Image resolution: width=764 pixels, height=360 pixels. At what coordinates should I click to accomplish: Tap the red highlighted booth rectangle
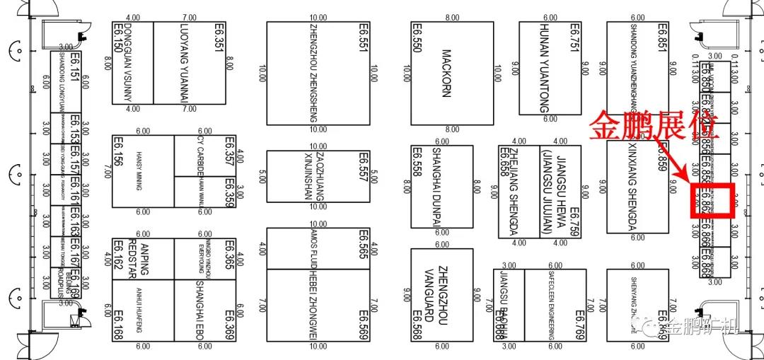click(715, 200)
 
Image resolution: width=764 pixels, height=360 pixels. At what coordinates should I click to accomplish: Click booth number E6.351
click(219, 37)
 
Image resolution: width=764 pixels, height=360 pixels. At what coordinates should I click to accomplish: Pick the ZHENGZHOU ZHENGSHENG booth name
click(314, 73)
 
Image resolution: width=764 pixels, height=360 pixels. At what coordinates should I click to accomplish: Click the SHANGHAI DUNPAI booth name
click(437, 186)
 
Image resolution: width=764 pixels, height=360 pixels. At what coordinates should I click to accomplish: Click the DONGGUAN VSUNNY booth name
click(128, 62)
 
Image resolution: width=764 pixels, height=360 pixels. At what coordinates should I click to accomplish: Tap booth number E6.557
click(364, 167)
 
